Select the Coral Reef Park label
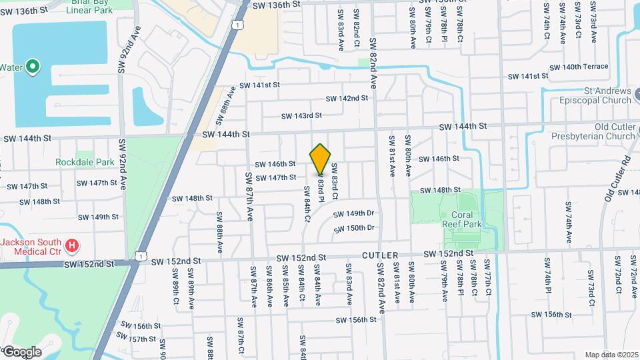(x=457, y=219)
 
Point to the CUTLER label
(x=381, y=255)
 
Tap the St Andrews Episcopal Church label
(x=598, y=95)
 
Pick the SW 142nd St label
(x=347, y=99)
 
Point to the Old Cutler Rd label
(x=617, y=179)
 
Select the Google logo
(x=22, y=351)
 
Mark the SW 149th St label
(x=97, y=217)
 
